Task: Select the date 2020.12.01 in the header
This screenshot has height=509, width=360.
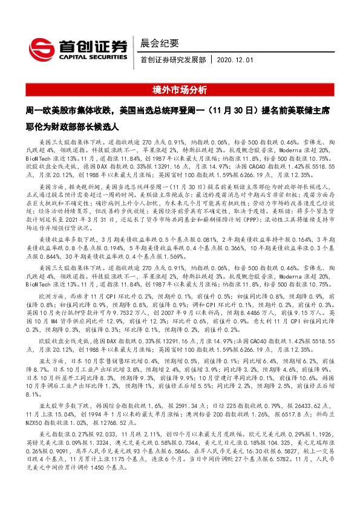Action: click(237, 61)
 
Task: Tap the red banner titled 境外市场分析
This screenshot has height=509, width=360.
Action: click(180, 90)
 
